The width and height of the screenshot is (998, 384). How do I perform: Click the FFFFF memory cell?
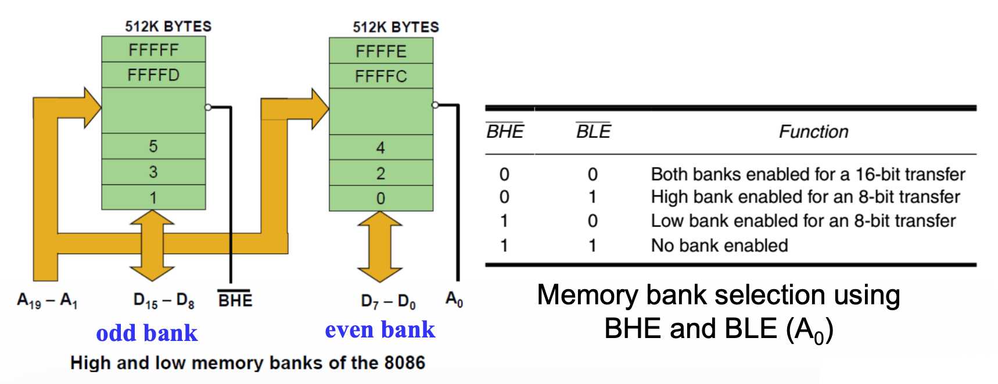[x=153, y=49]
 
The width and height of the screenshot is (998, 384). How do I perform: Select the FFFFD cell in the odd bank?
[x=153, y=75]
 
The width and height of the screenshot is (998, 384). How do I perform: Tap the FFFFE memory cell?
[x=381, y=51]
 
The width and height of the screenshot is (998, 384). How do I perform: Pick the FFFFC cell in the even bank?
[x=381, y=76]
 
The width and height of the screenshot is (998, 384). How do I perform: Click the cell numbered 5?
[x=153, y=146]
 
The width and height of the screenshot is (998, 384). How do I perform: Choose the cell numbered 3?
[x=153, y=172]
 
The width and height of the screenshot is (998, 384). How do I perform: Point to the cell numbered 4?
[x=380, y=148]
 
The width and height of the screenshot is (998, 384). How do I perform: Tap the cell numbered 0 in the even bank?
[x=380, y=198]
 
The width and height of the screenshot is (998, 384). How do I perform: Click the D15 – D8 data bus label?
[x=164, y=301]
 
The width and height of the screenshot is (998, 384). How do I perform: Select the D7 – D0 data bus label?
[x=388, y=301]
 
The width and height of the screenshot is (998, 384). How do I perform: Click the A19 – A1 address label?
[x=47, y=301]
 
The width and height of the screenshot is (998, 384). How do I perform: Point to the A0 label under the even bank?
[x=454, y=300]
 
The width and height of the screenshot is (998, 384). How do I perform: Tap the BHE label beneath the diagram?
[x=235, y=300]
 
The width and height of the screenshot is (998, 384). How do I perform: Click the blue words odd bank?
[x=147, y=333]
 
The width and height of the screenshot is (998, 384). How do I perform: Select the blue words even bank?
[x=380, y=329]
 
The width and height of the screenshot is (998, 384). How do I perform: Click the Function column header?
[x=813, y=131]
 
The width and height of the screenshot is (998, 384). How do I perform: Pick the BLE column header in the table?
[x=593, y=131]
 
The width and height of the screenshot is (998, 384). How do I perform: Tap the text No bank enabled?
[x=719, y=246]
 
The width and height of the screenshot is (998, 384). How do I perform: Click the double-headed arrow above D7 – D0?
[x=380, y=247]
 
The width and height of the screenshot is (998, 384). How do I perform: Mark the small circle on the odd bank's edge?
[x=208, y=107]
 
